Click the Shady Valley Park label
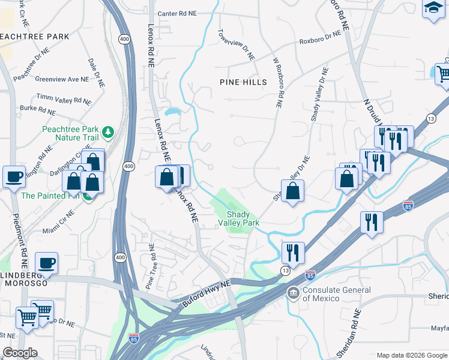tap(243, 218)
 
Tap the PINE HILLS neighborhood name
tap(243, 82)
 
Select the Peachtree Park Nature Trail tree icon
tap(108, 131)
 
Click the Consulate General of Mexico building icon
tap(294, 293)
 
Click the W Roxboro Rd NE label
tap(278, 83)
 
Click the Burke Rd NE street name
tap(38, 110)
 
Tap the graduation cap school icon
tap(433, 8)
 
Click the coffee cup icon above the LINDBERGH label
tap(46, 263)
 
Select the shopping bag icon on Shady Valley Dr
tap(292, 191)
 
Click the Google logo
tap(20, 353)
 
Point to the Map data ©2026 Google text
tap(411, 355)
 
